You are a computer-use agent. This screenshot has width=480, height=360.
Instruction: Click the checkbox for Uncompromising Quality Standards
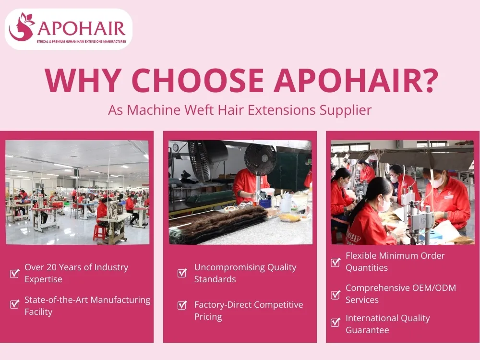[x=182, y=273]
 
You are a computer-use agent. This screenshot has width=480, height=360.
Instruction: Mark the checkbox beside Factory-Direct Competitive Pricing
[x=182, y=305]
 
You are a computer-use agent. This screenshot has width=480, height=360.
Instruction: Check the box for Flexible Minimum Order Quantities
[x=336, y=262]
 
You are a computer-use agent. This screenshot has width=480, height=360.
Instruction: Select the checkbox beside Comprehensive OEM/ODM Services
[x=336, y=294]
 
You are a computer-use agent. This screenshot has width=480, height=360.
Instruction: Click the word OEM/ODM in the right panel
[x=432, y=288]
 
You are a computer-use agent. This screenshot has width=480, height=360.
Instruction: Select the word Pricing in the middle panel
[x=208, y=317]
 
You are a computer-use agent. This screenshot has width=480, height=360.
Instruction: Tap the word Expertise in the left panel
[x=43, y=279]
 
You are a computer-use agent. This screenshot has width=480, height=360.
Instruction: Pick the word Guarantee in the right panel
[x=367, y=330]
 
